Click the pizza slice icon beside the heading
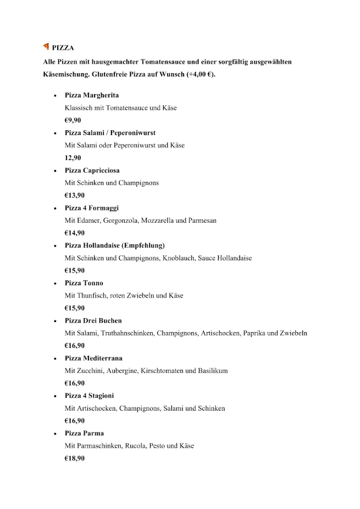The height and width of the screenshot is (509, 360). pos(46,47)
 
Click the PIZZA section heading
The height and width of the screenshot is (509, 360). pos(63,48)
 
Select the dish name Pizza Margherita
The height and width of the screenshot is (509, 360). pos(91,95)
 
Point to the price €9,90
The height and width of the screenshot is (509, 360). pos(73,120)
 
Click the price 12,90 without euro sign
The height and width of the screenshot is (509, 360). pos(73,158)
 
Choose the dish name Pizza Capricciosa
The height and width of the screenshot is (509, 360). pos(92,170)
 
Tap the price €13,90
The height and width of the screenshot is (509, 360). pos(75,195)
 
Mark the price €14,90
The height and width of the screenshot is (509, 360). pos(75,233)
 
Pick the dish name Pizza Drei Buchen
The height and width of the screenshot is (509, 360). pos(93,321)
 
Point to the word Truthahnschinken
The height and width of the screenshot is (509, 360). pos(127,333)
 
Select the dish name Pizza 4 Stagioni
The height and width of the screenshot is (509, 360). pos(89,396)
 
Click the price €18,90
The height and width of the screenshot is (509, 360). pos(75,458)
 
